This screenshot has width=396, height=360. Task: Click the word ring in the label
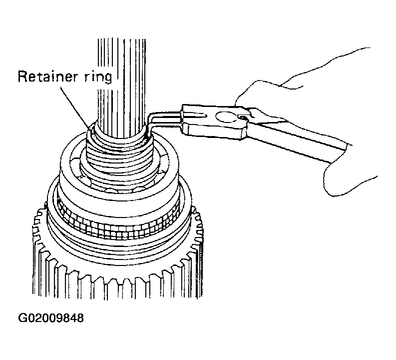pyautogui.click(x=98, y=77)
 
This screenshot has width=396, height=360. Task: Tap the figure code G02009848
pyautogui.click(x=51, y=318)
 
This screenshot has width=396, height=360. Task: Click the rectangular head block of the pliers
pyautogui.click(x=215, y=122)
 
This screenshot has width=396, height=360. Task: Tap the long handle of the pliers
pyautogui.click(x=298, y=136)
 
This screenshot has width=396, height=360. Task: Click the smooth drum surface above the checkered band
pyautogui.click(x=119, y=202)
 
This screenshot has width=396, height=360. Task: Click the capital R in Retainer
pyautogui.click(x=23, y=76)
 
